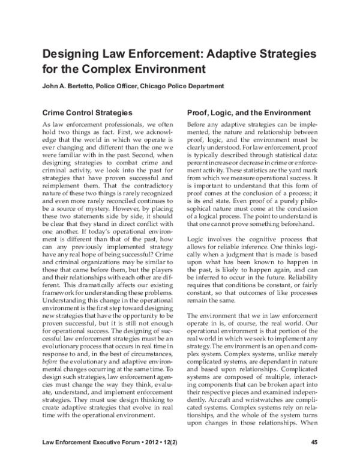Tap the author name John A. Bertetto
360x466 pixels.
tap(68, 86)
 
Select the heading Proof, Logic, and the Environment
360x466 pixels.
tap(248, 112)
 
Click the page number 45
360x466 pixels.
tap(314, 443)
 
